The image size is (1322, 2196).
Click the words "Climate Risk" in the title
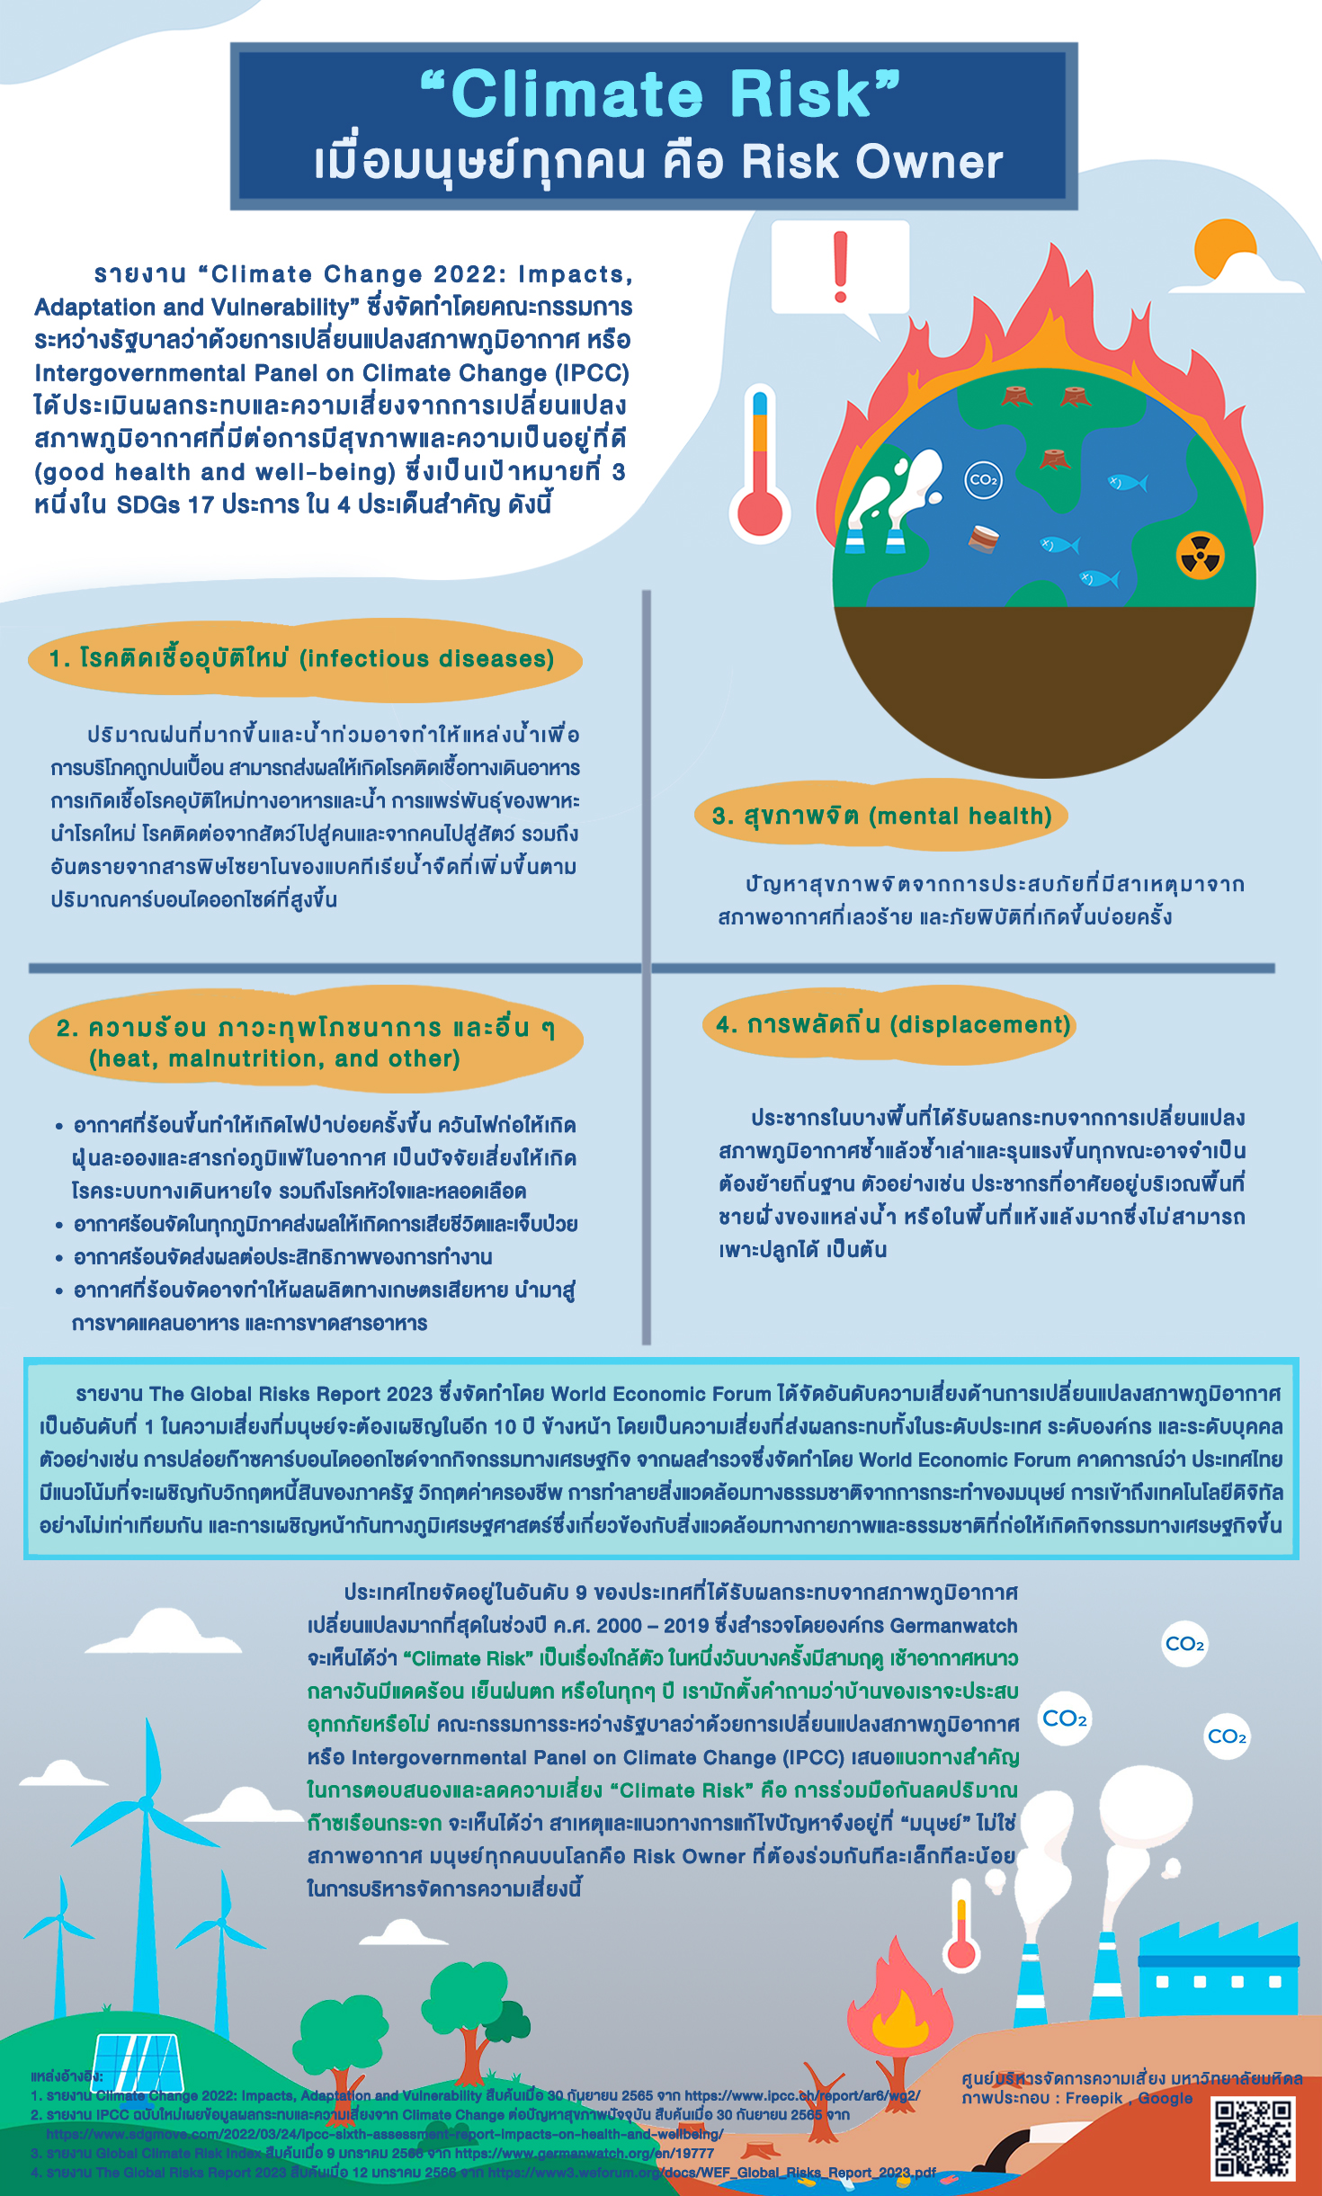661,94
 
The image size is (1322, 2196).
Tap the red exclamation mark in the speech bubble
841,266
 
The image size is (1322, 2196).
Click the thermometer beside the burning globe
760,468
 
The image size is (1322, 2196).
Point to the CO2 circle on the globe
982,479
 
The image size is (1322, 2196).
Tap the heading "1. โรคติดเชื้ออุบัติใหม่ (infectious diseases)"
302,659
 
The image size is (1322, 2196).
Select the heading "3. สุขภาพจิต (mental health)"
881,816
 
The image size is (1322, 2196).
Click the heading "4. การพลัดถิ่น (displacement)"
893,1024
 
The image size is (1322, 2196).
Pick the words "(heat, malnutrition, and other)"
274,1058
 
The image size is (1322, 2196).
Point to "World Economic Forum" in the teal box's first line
661,1394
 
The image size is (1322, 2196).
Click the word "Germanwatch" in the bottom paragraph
953,1626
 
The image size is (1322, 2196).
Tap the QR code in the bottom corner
1254,2138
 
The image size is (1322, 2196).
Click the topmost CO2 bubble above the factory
1184,1644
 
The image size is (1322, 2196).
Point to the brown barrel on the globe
984,539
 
